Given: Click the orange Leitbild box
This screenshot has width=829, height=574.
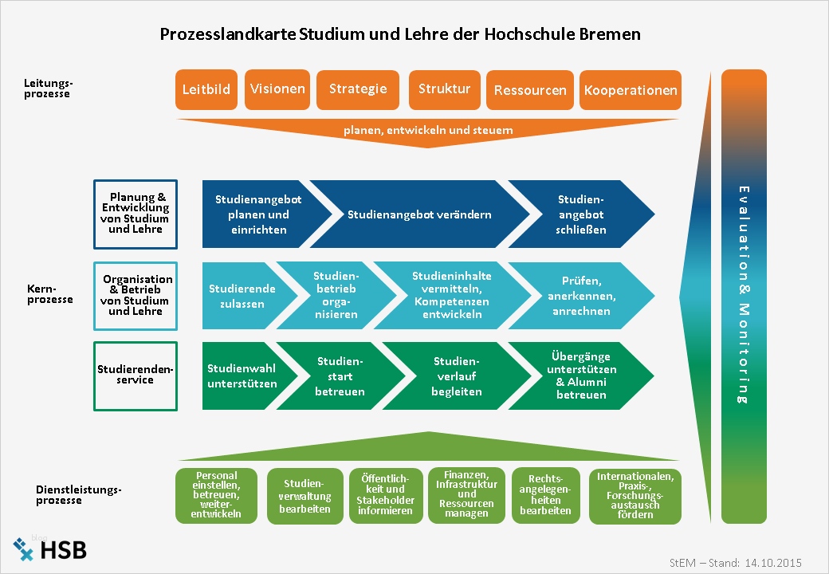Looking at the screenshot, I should click(206, 89).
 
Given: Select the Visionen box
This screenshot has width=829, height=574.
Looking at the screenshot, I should click(277, 89).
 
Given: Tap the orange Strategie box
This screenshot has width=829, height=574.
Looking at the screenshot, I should click(358, 89).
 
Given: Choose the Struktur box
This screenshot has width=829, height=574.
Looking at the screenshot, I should click(444, 89).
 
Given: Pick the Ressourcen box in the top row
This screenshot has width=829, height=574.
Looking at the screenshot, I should click(530, 89).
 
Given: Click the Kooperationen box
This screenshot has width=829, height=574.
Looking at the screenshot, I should click(631, 89).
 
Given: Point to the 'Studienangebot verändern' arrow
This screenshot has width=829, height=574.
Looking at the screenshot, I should click(419, 214).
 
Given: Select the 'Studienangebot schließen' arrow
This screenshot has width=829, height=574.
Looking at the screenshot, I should click(582, 214).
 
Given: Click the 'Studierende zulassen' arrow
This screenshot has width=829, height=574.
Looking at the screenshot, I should click(242, 296).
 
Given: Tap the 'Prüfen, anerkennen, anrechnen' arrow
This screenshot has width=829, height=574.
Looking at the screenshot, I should click(582, 296).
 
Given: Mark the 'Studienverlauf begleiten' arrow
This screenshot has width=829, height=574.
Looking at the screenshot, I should click(457, 376).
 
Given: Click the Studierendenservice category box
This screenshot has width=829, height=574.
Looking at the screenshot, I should click(136, 376).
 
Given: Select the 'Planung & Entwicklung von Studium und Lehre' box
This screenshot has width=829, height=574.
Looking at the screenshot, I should click(136, 214).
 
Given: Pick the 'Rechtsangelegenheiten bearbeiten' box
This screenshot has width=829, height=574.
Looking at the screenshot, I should click(545, 496).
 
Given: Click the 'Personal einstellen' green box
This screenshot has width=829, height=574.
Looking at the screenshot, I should click(217, 496).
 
